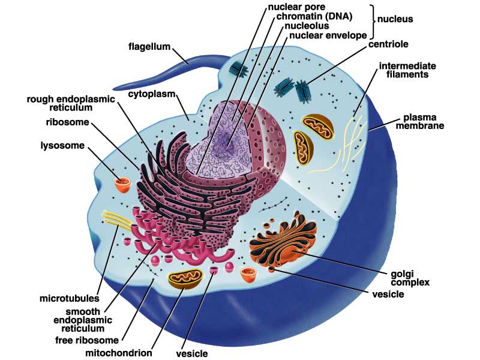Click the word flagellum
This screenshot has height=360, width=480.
pyautogui.click(x=149, y=47)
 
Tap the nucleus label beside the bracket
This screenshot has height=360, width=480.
pyautogui.click(x=395, y=19)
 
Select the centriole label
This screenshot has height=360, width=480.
pyautogui.click(x=388, y=44)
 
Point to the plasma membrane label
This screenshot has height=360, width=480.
pyautogui.click(x=419, y=122)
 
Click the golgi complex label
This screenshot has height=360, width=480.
pyautogui.click(x=410, y=278)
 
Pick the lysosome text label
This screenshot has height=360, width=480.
pyautogui.click(x=62, y=145)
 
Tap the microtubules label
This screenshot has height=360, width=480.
pyautogui.click(x=70, y=298)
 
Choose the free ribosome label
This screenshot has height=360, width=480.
pyautogui.click(x=87, y=340)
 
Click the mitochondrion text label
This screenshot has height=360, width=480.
pyautogui.click(x=118, y=353)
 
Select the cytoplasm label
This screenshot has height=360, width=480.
pyautogui.click(x=152, y=94)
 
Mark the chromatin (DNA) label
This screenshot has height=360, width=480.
pyautogui.click(x=314, y=16)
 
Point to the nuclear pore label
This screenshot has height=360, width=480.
pyautogui.click(x=292, y=7)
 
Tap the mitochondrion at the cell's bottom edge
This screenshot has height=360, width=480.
pyautogui.click(x=185, y=278)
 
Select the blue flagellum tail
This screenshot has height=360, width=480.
pyautogui.click(x=172, y=73)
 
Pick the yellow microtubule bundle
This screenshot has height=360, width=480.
pyautogui.click(x=118, y=220)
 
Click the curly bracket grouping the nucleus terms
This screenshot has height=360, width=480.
pyautogui.click(x=372, y=21)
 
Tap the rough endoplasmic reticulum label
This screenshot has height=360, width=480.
pyautogui.click(x=71, y=103)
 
